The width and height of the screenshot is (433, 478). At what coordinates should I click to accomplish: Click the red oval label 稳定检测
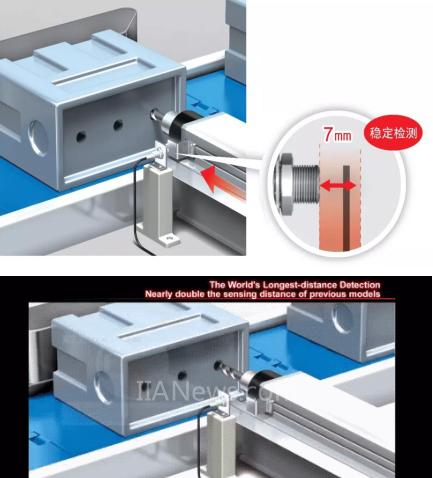click(393, 133)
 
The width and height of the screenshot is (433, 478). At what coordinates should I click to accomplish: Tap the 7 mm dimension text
click(337, 135)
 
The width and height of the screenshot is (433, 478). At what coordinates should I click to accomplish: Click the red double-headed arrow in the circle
click(338, 186)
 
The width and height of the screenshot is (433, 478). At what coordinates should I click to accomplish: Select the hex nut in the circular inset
click(283, 186)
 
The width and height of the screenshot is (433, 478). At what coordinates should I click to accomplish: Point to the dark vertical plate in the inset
click(347, 207)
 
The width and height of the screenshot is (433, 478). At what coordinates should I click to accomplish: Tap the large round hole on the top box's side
click(38, 138)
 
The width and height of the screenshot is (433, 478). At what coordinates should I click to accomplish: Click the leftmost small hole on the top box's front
click(81, 136)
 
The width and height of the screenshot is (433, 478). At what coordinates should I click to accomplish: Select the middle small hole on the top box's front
click(118, 125)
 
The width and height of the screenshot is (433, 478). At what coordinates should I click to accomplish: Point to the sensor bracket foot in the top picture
click(169, 239)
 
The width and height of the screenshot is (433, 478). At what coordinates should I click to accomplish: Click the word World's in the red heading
click(243, 285)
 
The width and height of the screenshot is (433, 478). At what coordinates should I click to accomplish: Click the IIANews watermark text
click(207, 390)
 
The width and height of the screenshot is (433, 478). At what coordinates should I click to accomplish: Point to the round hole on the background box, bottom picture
click(342, 319)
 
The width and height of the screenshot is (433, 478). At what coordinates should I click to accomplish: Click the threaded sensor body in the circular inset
click(306, 186)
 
